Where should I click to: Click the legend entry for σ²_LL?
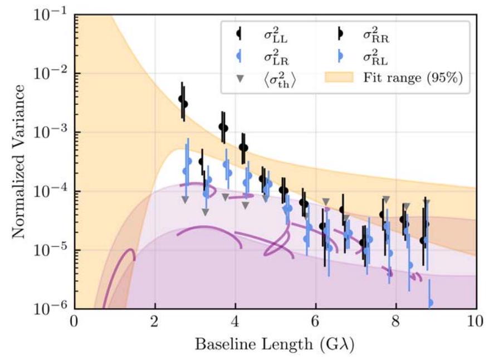276,33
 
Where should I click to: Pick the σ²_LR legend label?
276,56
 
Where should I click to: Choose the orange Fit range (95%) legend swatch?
339,79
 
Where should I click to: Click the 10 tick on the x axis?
476,323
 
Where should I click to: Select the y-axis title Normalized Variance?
19,162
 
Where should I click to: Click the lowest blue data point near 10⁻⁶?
430,303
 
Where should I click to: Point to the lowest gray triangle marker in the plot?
205,212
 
